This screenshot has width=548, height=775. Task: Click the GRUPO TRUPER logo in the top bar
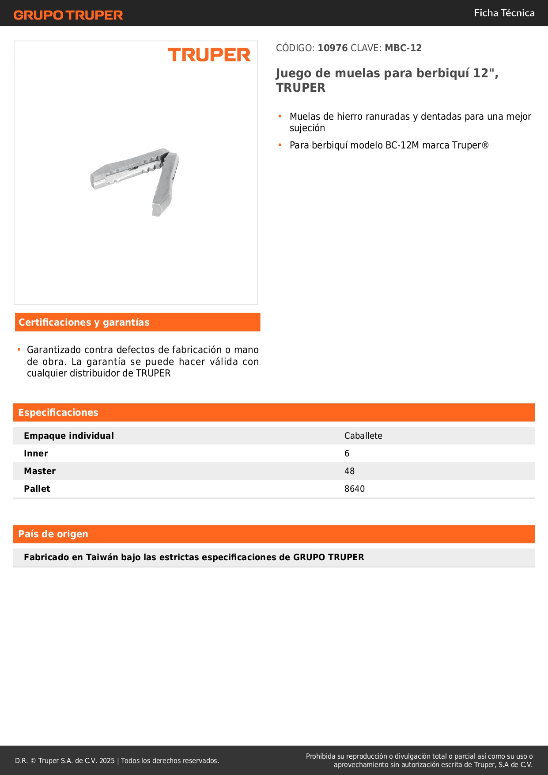[68, 15]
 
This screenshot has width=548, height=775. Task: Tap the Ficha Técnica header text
[504, 13]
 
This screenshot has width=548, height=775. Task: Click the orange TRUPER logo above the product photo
[209, 55]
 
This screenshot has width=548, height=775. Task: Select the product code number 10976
[333, 48]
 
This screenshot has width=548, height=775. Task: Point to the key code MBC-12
[403, 48]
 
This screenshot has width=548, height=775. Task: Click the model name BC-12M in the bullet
[402, 145]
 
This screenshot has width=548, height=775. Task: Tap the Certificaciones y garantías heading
[84, 323]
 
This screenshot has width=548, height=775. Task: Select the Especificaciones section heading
[58, 413]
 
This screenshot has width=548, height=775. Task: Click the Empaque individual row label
[69, 436]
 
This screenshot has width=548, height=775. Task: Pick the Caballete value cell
[363, 436]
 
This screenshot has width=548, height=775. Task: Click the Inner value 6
[347, 454]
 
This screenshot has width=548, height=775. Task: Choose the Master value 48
[349, 471]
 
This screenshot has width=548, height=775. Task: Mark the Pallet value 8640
[354, 489]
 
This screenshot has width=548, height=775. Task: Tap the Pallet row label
[37, 489]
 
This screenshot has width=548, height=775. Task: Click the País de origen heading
[53, 534]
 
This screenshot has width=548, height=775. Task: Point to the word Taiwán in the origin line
[102, 558]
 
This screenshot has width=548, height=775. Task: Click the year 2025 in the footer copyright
[107, 761]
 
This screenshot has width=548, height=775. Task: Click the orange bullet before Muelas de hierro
[280, 116]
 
